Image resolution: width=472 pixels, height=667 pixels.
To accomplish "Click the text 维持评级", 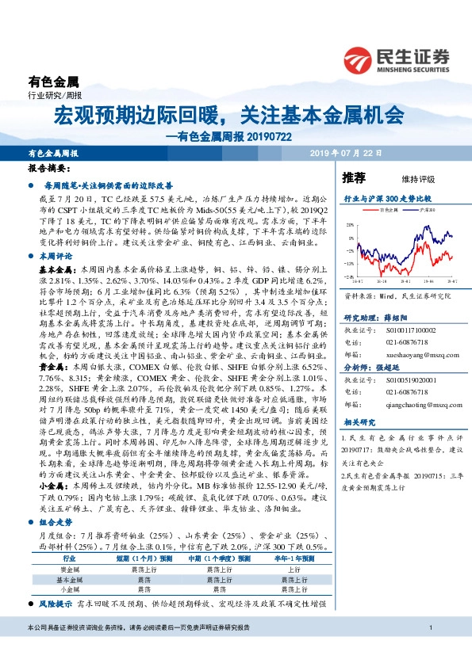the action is pos(407,179).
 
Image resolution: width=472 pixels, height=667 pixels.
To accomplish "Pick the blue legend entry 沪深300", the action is pos(427,209).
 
